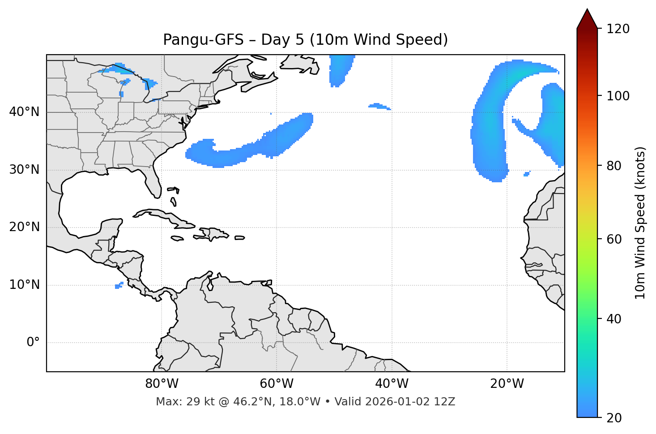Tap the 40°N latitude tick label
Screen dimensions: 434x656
[24, 112]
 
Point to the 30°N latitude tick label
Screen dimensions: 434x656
[24, 170]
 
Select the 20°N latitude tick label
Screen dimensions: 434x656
[24, 227]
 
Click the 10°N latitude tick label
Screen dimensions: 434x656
[24, 285]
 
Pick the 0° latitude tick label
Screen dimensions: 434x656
[33, 343]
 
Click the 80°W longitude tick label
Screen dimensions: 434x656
[162, 384]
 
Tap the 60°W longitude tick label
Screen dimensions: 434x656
[277, 384]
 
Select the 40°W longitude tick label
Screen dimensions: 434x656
[392, 384]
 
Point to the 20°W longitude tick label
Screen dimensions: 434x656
[507, 384]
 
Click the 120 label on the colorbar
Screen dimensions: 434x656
[618, 29]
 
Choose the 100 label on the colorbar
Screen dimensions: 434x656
[618, 96]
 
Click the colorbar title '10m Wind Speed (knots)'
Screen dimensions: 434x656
[640, 223]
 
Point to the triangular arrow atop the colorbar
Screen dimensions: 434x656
[587, 19]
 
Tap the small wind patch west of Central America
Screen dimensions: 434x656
[119, 285]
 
